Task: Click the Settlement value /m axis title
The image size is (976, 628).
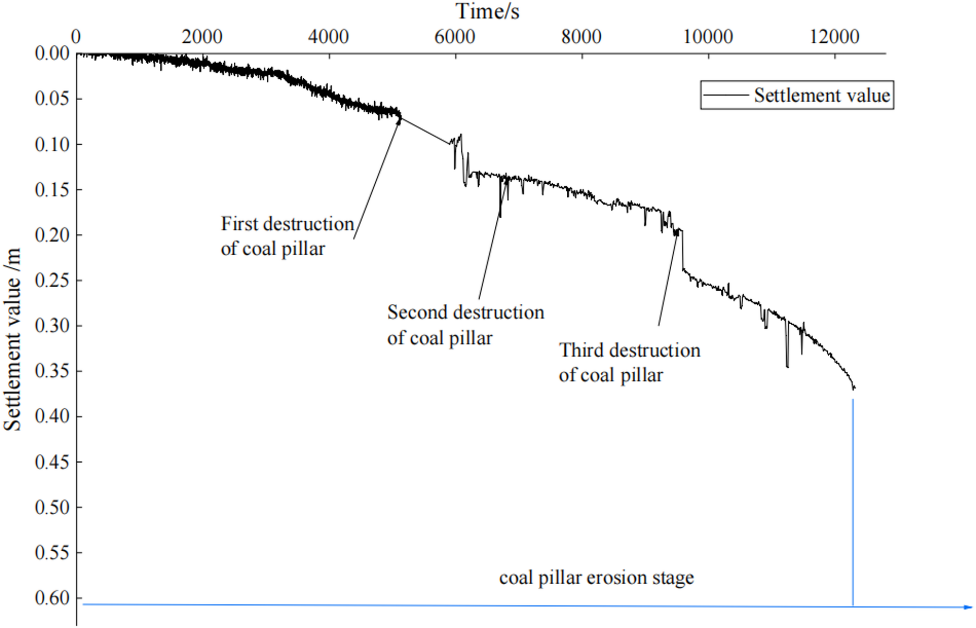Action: (x=13, y=339)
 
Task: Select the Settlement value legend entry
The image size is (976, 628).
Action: (x=821, y=95)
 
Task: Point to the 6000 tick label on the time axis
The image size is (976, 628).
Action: (x=454, y=37)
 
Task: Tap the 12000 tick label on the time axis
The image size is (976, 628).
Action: (x=834, y=37)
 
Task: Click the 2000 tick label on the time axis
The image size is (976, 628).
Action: (x=202, y=37)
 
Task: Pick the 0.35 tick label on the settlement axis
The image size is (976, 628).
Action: (x=52, y=371)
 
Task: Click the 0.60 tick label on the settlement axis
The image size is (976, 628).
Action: (x=52, y=598)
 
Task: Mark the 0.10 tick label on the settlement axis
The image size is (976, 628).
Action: (x=52, y=144)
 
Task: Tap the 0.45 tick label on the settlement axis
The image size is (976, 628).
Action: (x=52, y=462)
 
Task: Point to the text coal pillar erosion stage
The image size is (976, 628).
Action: (x=596, y=577)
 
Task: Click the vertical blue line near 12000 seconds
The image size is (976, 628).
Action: (x=853, y=501)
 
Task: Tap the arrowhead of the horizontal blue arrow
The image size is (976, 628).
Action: (x=968, y=607)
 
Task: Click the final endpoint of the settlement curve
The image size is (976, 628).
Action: (x=854, y=388)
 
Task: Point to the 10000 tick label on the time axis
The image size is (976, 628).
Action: (x=708, y=37)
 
